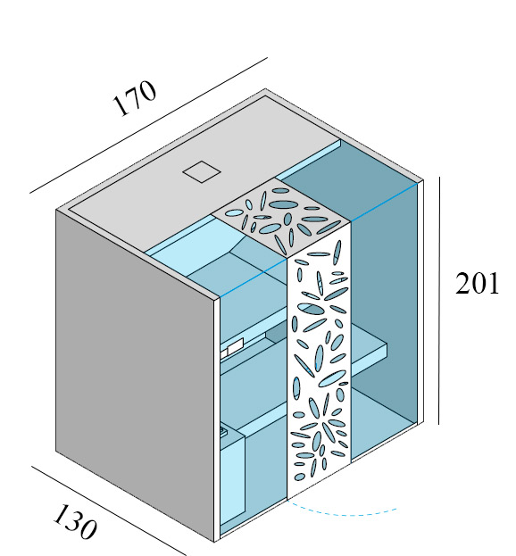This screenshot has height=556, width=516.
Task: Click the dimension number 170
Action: [x=134, y=98]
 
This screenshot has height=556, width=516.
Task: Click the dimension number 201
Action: [x=477, y=283]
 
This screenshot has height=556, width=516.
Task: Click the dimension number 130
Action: [x=75, y=521]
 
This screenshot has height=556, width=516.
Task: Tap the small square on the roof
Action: [x=202, y=171]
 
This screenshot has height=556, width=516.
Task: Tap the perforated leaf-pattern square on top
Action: [x=281, y=216]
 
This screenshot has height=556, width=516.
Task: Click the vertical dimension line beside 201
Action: [x=439, y=301]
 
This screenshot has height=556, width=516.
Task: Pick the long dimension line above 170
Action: [x=148, y=126]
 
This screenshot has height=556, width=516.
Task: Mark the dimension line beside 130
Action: [x=108, y=510]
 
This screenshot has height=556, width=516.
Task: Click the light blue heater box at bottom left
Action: [x=232, y=482]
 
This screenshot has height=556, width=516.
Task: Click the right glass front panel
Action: [x=384, y=319]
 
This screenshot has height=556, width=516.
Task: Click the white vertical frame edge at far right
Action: [x=420, y=302]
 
